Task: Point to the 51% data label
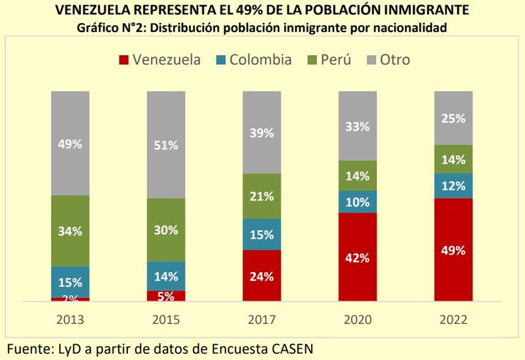pyautogui.click(x=166, y=145)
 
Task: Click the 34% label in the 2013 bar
pyautogui.click(x=70, y=231)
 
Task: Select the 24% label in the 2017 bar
pyautogui.click(x=262, y=276)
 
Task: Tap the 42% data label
pyautogui.click(x=358, y=258)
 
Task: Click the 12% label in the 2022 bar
pyautogui.click(x=453, y=186)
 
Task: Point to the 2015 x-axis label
pyautogui.click(x=166, y=319)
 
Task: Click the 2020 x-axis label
pyautogui.click(x=358, y=319)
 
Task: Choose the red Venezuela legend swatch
pyautogui.click(x=123, y=60)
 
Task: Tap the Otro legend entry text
pyautogui.click(x=394, y=60)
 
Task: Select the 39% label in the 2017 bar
pyautogui.click(x=262, y=134)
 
